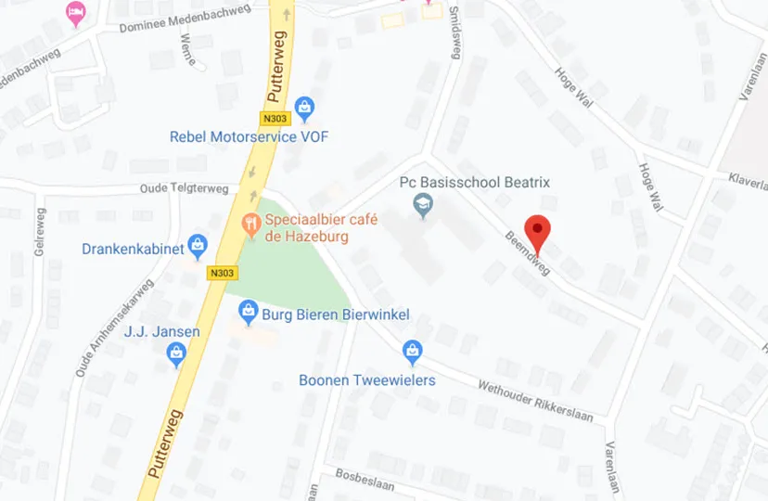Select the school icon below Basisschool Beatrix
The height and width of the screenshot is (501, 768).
tap(423, 205)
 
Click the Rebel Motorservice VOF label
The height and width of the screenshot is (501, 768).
tap(249, 137)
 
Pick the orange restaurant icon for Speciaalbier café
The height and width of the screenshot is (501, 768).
tap(250, 223)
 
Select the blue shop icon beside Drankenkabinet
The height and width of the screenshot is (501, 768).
tap(198, 246)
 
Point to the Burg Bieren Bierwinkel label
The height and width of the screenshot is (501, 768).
tap(335, 315)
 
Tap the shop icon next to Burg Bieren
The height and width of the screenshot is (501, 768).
tap(248, 313)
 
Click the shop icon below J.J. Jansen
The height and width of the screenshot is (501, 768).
tap(176, 353)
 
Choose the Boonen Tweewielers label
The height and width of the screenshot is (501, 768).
tap(367, 380)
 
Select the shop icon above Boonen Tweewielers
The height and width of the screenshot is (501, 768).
tap(413, 352)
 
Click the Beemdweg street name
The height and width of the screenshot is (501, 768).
tap(527, 253)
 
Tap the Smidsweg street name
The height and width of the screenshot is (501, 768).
tap(454, 33)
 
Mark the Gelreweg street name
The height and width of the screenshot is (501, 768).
tap(40, 232)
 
